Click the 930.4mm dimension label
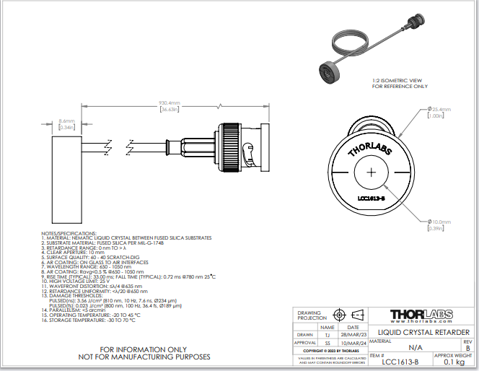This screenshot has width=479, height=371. [170, 103]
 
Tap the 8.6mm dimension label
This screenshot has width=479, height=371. [66, 121]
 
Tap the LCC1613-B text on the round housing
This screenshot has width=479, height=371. [372, 197]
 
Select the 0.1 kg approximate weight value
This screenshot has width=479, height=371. [454, 362]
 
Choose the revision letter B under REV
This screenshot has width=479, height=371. [467, 347]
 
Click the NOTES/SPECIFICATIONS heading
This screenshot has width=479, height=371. [69, 234]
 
